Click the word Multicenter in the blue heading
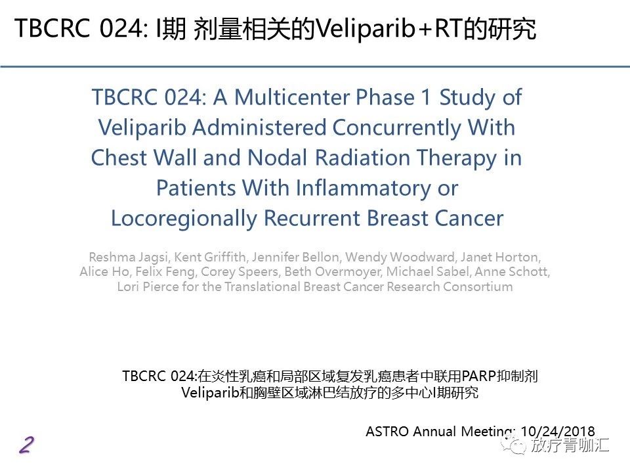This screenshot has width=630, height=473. click(x=292, y=97)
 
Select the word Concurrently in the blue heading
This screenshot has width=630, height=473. click(x=396, y=128)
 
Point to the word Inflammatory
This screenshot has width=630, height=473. click(x=363, y=189)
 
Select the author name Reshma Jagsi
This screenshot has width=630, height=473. click(x=129, y=257)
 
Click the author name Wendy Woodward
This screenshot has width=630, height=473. click(x=400, y=257)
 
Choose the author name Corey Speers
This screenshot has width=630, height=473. click(x=240, y=272)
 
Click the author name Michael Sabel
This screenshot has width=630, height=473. click(x=427, y=271)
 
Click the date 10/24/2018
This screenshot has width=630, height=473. click(x=558, y=431)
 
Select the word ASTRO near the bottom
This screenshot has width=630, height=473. click(x=387, y=432)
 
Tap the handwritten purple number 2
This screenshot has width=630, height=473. click(x=27, y=445)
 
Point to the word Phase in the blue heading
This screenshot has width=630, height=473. click(x=385, y=97)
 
